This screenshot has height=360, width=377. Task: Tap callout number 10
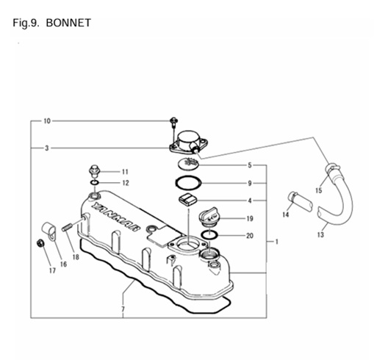tap(47, 120)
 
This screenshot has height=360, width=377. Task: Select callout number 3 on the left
tap(46, 148)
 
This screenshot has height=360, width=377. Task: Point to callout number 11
tap(125, 171)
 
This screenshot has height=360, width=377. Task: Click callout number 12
tap(125, 183)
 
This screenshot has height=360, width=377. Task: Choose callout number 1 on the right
tap(276, 241)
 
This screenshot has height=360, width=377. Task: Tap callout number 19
tap(250, 218)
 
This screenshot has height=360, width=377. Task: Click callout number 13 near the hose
tap(320, 235)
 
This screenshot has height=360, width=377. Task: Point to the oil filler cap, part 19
tap(209, 217)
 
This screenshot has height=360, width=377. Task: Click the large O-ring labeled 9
tap(190, 183)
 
